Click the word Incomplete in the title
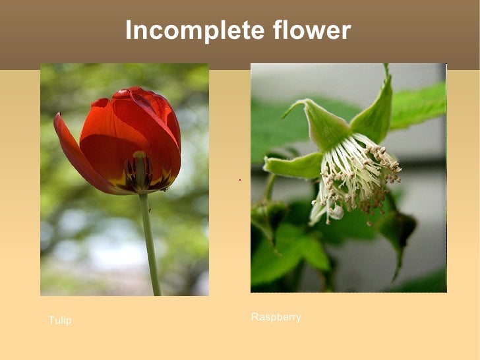189,31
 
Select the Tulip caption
60,320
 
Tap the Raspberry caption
276,317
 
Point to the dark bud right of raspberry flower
398,231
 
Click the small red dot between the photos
239,179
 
